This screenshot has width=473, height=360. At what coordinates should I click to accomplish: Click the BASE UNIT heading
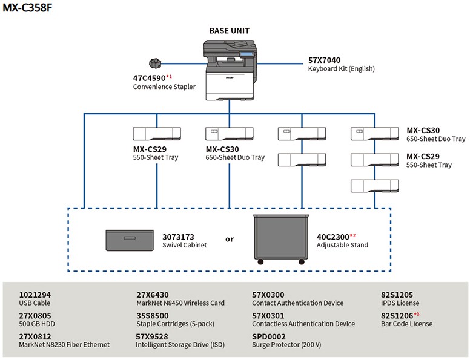pyautogui.click(x=229, y=31)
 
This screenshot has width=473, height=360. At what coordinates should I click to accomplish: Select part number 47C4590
pyautogui.click(x=148, y=77)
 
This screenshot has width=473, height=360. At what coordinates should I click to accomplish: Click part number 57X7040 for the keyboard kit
pyautogui.click(x=324, y=60)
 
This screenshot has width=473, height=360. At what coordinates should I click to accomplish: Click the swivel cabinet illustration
pyautogui.click(x=130, y=240)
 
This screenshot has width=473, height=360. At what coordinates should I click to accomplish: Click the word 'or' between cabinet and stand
pyautogui.click(x=230, y=239)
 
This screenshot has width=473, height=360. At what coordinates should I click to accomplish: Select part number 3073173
pyautogui.click(x=178, y=237)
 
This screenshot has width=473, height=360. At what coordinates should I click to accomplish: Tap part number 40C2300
pyautogui.click(x=332, y=237)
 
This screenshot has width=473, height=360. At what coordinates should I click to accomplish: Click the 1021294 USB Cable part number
pyautogui.click(x=35, y=295)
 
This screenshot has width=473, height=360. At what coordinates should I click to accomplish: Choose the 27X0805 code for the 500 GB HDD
pyautogui.click(x=35, y=315)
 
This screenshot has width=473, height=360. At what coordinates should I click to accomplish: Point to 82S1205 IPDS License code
pyautogui.click(x=397, y=295)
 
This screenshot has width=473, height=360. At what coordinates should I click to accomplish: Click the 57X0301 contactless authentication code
pyautogui.click(x=268, y=315)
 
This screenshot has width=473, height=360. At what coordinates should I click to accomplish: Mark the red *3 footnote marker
pyautogui.click(x=416, y=314)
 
